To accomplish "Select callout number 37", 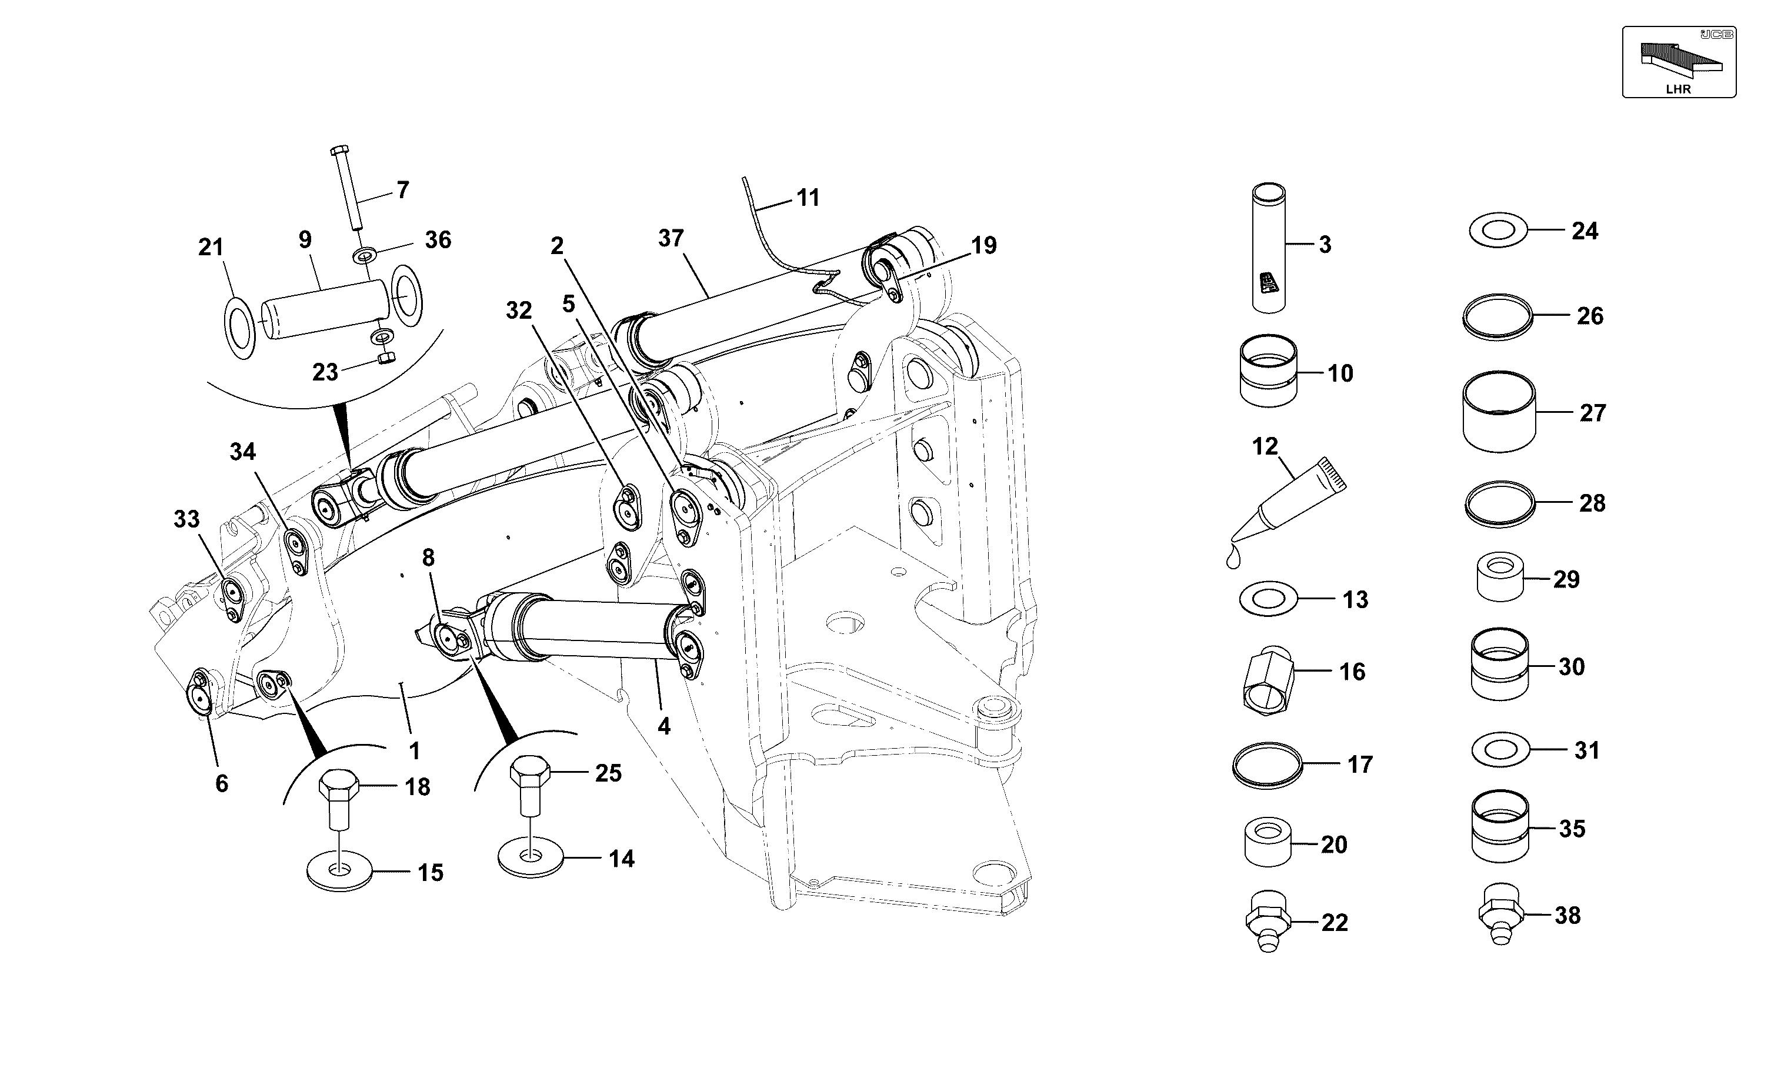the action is click(671, 238).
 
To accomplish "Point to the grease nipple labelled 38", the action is click(1501, 914).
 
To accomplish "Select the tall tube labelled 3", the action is click(1269, 248).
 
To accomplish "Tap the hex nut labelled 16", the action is click(1268, 680).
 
